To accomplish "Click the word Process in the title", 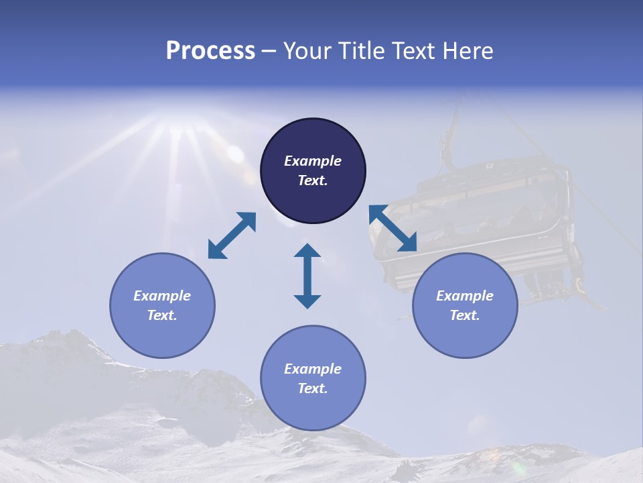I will (x=210, y=51).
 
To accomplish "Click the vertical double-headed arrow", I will (x=307, y=276).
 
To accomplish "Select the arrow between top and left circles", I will (x=232, y=235).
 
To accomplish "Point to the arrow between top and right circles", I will (x=393, y=229).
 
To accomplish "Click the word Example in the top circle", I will (x=313, y=161).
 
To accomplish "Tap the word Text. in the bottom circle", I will (x=313, y=388).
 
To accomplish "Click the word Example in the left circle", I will (x=162, y=296).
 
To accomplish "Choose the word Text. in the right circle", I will (x=465, y=315).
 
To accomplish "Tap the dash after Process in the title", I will (x=269, y=52).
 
